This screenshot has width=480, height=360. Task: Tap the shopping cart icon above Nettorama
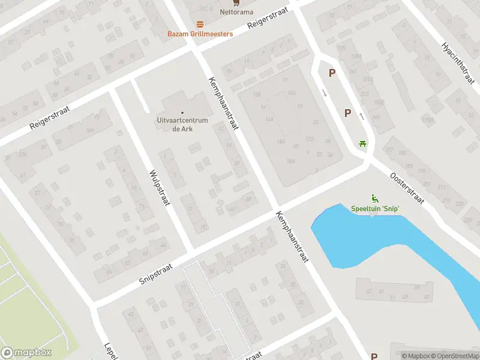coord(235,2)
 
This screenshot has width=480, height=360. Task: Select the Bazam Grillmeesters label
coord(200,34)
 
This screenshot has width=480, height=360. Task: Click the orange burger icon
coord(200,24)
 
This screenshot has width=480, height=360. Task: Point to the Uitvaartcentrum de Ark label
coord(182,124)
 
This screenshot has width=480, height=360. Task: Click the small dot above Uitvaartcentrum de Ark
coord(182,112)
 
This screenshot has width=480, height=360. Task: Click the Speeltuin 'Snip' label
coord(376,209)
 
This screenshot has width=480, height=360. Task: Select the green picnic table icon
coord(362,144)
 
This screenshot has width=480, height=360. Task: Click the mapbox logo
coord(26,353)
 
